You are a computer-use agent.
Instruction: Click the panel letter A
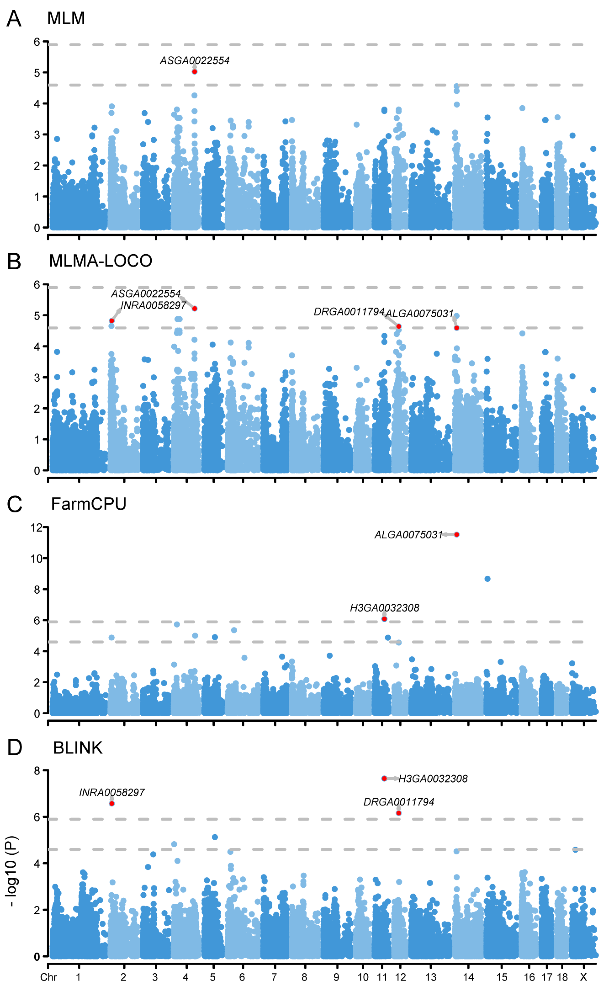14,19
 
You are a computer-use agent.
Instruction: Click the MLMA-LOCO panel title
100,261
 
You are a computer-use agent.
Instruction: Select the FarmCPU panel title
89,504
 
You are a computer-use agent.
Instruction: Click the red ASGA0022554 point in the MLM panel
195,72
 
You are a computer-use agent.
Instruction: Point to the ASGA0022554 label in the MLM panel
195,61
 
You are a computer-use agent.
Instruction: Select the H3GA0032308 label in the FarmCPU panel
385,608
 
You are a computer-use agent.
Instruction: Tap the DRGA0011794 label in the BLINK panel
399,802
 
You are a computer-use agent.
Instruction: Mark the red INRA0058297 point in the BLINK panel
112,803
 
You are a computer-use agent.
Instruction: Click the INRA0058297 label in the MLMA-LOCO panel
153,306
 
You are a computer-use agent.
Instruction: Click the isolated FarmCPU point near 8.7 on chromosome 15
487,579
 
